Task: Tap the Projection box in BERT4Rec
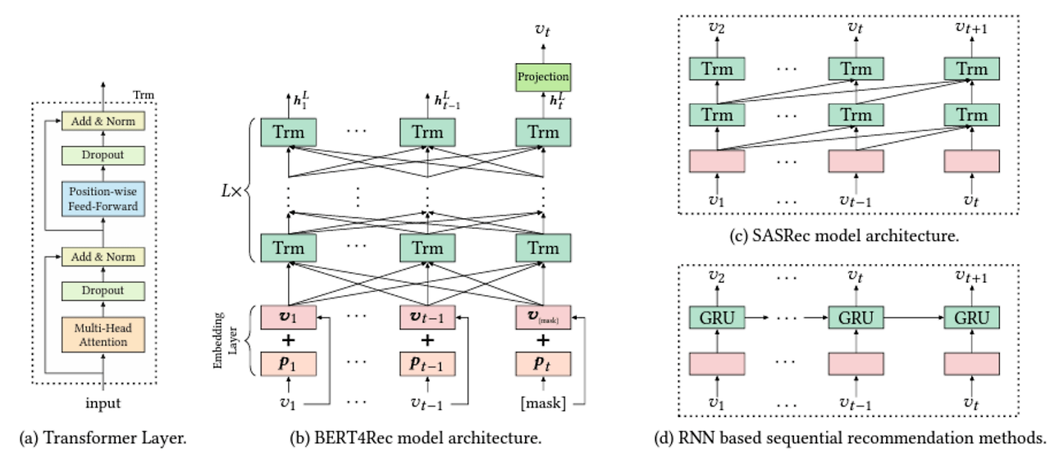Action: pos(542,77)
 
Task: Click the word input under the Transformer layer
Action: pos(103,403)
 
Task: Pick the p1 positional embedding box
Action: pos(288,362)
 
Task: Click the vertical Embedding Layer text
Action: pos(219,340)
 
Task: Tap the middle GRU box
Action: pos(856,317)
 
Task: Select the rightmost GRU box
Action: pos(971,317)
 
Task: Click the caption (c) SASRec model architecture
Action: pos(844,236)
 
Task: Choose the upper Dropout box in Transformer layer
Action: pos(103,155)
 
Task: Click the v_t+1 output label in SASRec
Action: pos(971,26)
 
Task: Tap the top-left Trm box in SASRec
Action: pos(717,70)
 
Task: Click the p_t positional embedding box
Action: pos(542,362)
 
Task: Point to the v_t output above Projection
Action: pos(542,29)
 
